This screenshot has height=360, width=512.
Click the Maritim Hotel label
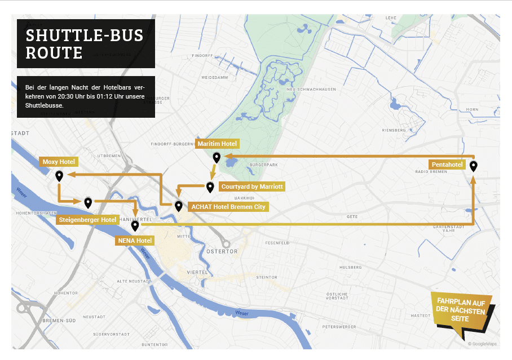point(217,144)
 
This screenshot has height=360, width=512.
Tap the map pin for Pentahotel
point(474,166)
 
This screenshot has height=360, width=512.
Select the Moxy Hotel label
point(59,162)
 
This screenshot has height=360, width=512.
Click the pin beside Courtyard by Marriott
point(210,186)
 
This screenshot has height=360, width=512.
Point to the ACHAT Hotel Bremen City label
point(228,207)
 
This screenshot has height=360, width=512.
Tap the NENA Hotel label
point(135,241)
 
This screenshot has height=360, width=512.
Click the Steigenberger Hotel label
point(87,219)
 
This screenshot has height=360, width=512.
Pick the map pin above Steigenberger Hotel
point(88,202)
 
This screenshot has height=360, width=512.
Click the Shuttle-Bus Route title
point(85,44)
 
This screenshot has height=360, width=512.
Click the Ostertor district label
point(222,251)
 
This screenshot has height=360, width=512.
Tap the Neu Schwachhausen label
point(311,89)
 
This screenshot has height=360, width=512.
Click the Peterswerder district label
point(338,327)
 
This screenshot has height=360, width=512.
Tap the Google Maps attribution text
point(482,343)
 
